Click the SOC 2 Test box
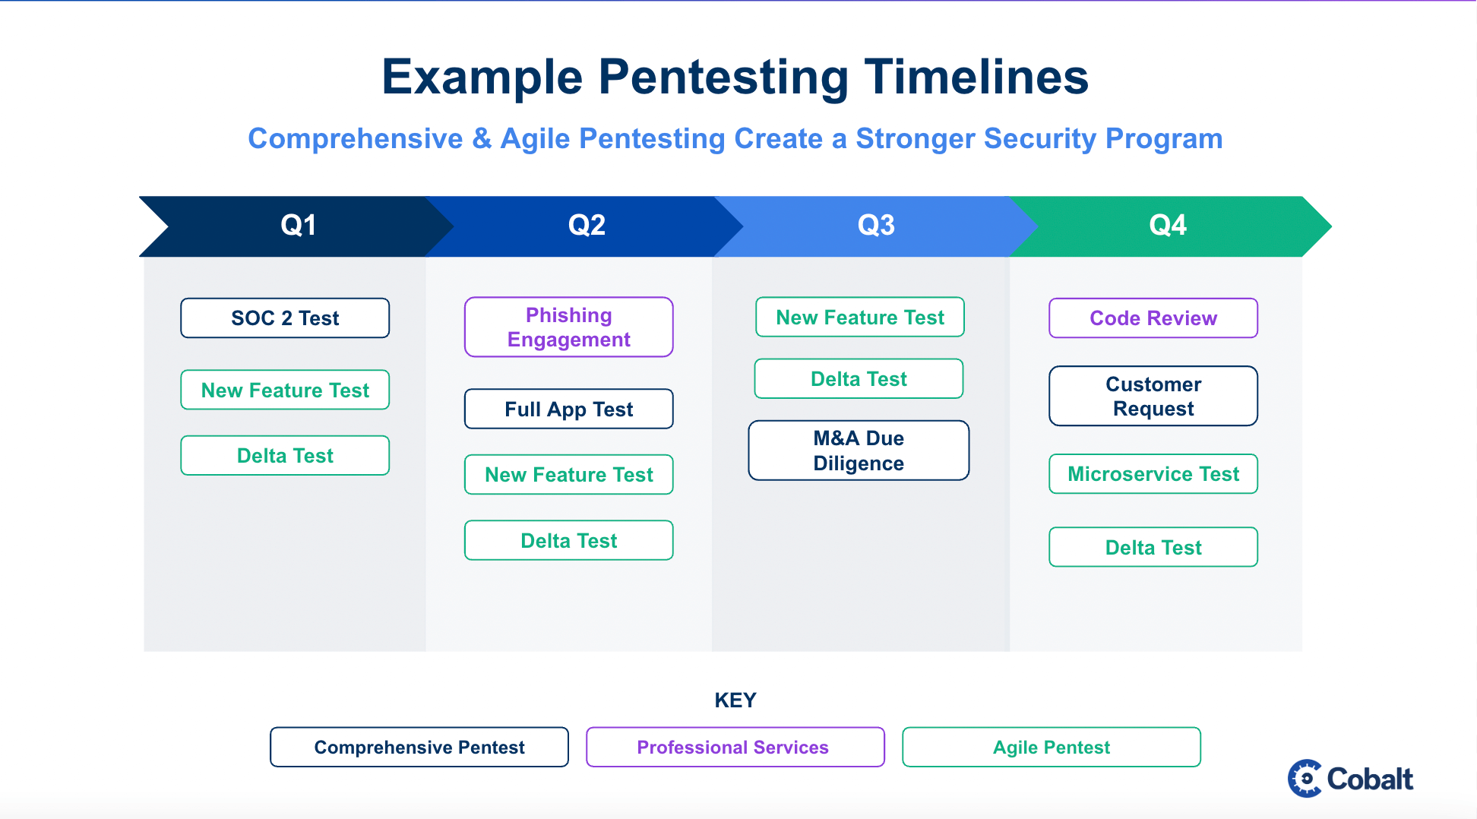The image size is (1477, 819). click(x=285, y=318)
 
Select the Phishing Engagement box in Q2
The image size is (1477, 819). click(x=568, y=327)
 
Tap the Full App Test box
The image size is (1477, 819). click(x=568, y=409)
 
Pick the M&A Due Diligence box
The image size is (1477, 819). click(x=859, y=451)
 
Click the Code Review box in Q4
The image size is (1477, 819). click(x=1153, y=318)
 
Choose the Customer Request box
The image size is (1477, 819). click(x=1153, y=396)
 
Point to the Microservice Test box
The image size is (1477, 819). click(x=1153, y=474)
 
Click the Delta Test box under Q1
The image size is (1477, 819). click(x=285, y=455)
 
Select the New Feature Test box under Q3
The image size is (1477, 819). click(x=859, y=317)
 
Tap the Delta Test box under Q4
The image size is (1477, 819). click(x=1153, y=547)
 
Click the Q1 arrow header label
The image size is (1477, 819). click(x=298, y=226)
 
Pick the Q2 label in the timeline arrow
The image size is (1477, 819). click(x=587, y=226)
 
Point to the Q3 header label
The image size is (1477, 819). click(x=875, y=226)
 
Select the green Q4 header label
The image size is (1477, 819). click(x=1167, y=226)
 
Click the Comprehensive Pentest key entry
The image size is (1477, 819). click(x=419, y=747)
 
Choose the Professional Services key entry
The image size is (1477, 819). click(x=735, y=747)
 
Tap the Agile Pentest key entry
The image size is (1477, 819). click(x=1051, y=747)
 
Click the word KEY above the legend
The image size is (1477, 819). click(x=735, y=700)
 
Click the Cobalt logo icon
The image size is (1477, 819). click(x=1305, y=779)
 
